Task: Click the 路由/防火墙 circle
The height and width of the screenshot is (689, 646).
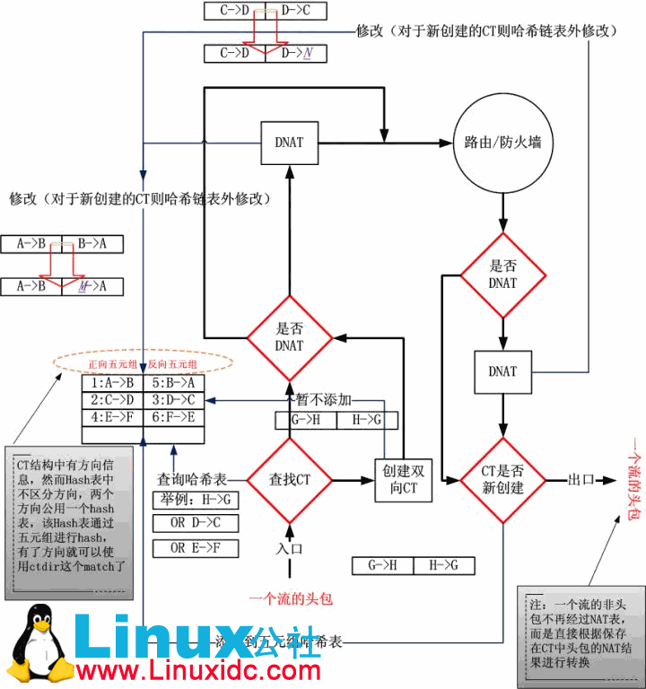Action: (502, 142)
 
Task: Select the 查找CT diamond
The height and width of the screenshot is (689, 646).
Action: (290, 480)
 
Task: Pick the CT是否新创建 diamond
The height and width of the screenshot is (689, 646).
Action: (502, 480)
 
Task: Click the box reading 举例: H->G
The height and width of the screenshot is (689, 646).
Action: (195, 499)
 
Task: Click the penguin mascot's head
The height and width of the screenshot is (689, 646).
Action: (38, 622)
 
